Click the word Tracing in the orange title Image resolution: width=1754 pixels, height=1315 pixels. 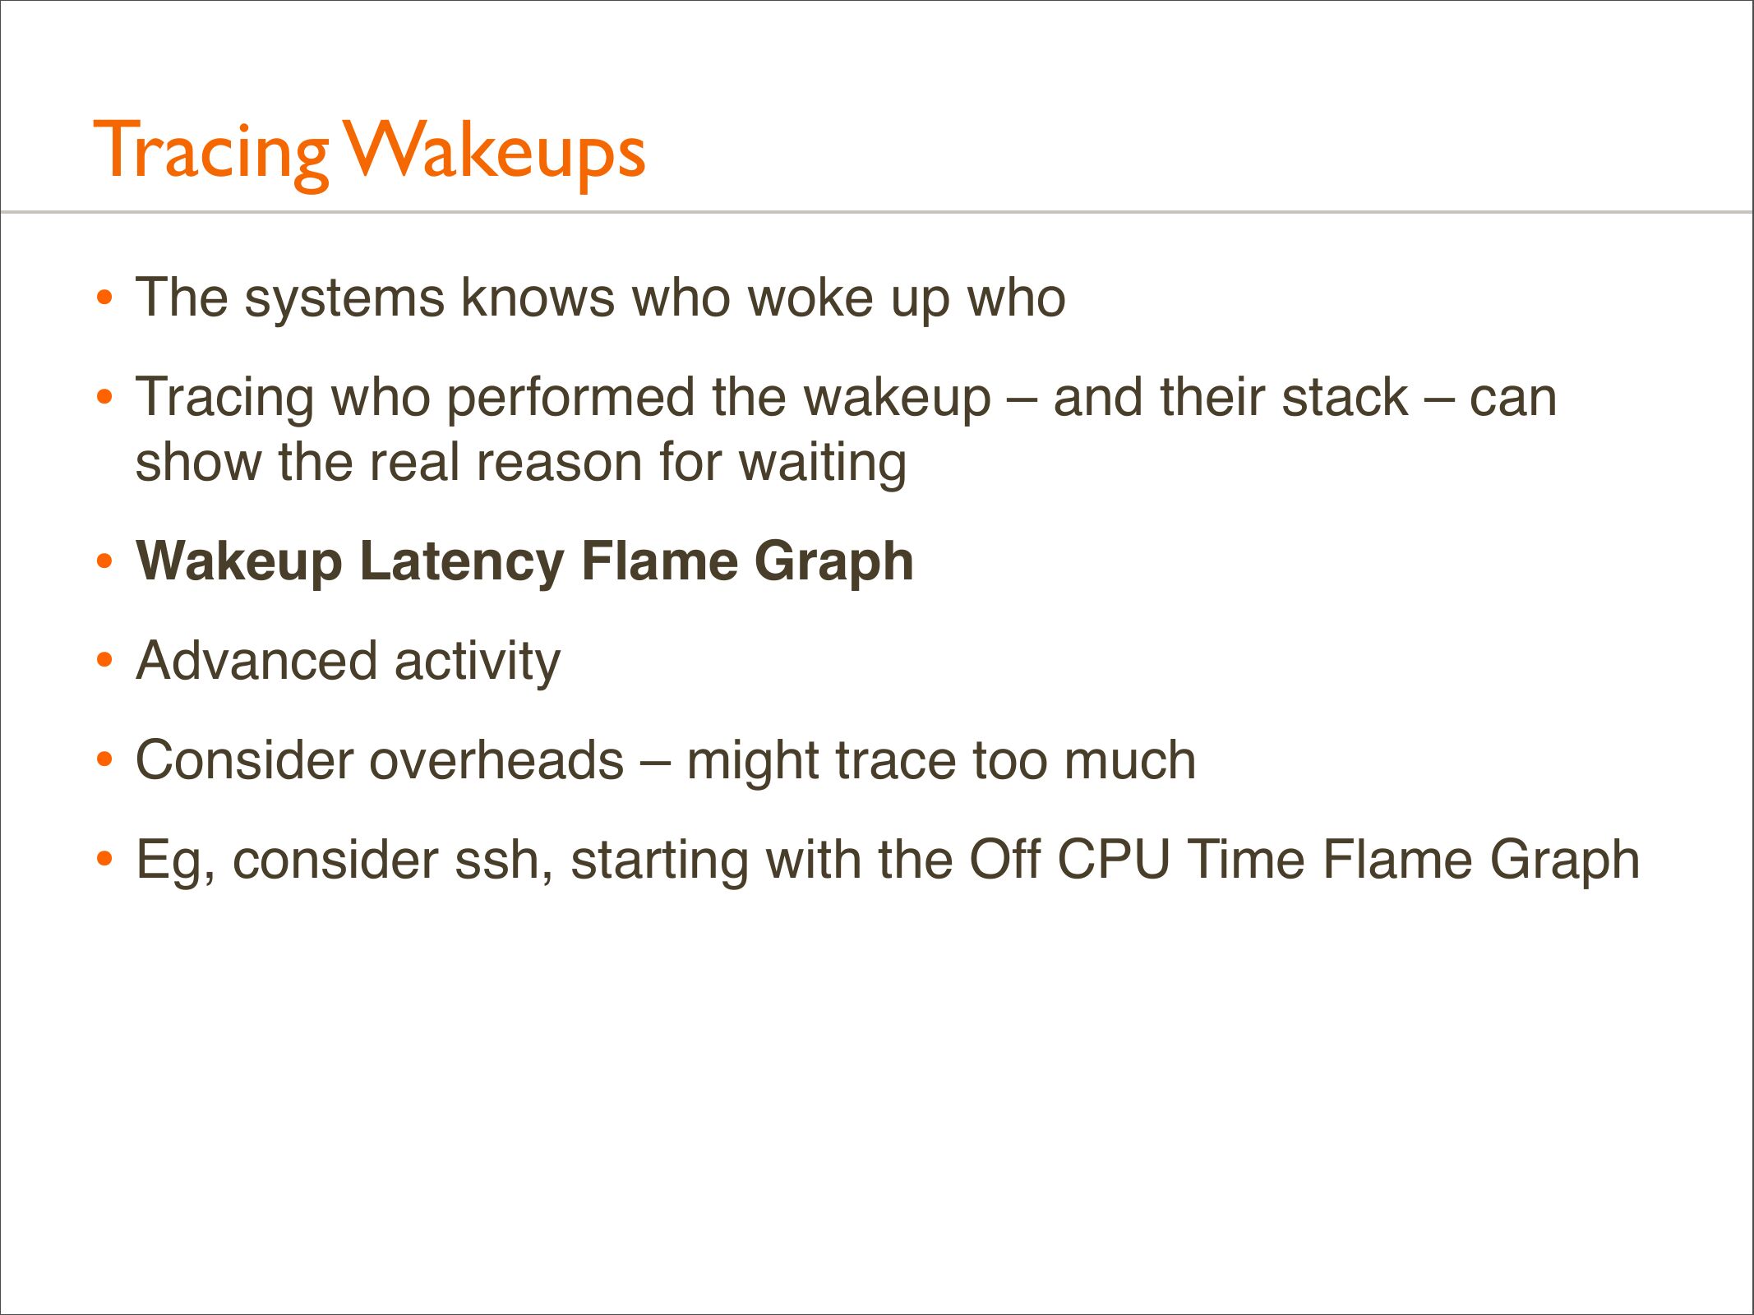coord(211,152)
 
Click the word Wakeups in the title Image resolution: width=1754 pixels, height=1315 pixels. coord(495,152)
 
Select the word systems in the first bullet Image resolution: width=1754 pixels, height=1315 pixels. coord(344,299)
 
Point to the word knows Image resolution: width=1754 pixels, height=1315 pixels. coord(538,298)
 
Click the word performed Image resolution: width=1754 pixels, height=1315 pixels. coord(570,399)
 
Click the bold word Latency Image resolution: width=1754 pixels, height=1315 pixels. coord(462,562)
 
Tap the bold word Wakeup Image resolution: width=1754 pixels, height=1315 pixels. coord(239,562)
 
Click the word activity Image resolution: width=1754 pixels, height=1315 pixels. coord(478,662)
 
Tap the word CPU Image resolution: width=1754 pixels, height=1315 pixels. coord(1114,861)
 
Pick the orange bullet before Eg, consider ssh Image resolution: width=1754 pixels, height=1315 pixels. coord(104,859)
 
